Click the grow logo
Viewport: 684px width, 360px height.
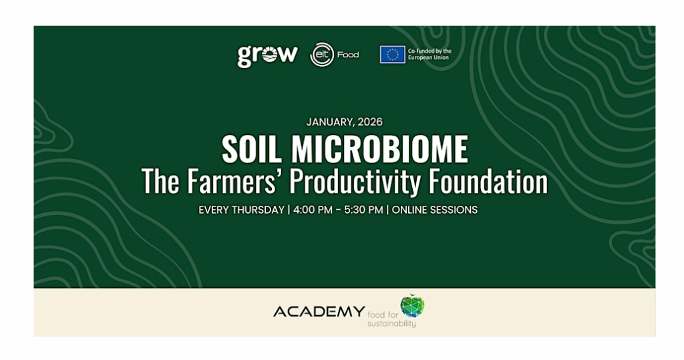(x=267, y=56)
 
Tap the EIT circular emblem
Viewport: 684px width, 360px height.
(x=322, y=55)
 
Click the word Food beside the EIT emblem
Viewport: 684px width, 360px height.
(x=348, y=55)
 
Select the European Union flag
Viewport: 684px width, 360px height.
(x=392, y=55)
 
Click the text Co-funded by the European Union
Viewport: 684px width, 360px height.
(x=430, y=54)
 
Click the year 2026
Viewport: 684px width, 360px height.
(x=370, y=122)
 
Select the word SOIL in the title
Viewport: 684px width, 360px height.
(x=251, y=149)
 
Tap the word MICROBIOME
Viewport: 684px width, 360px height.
(x=380, y=149)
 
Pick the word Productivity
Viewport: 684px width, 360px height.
(x=355, y=182)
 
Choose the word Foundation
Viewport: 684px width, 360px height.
(x=488, y=181)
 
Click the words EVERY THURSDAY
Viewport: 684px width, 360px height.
(x=241, y=210)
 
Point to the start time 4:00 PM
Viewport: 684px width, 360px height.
(x=313, y=210)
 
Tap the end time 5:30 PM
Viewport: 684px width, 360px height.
(x=363, y=210)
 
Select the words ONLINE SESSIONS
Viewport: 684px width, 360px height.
(x=435, y=210)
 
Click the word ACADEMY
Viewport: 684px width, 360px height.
(x=319, y=311)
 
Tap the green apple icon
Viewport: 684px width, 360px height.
(x=412, y=305)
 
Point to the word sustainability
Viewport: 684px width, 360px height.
(x=391, y=324)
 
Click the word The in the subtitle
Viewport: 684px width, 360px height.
(x=160, y=181)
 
